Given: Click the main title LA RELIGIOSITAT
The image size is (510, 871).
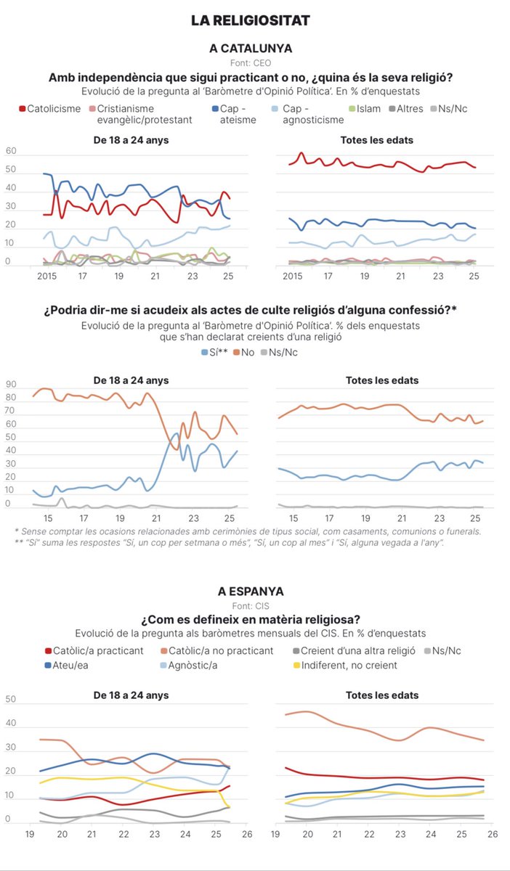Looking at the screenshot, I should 251,22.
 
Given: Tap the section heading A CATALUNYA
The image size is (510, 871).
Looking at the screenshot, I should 251,49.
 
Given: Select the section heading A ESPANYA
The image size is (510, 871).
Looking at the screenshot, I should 251,592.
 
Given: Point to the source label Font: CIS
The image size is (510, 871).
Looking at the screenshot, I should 251,605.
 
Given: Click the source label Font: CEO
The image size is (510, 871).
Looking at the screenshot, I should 251,62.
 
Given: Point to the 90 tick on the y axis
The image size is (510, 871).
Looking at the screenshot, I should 11,385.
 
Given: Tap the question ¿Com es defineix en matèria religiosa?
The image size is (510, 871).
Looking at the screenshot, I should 251,619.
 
